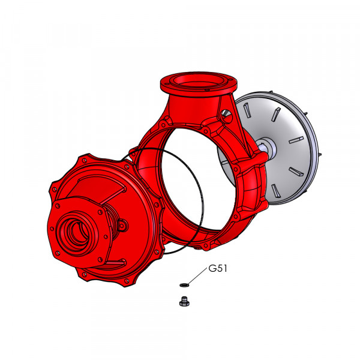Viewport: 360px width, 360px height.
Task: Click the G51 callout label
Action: coord(218,268)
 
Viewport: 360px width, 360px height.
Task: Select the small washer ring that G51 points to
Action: coord(184,285)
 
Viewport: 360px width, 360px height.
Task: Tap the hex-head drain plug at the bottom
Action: coord(184,301)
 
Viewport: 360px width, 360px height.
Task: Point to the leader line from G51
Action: coord(197,276)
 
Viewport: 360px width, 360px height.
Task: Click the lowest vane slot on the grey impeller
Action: coord(275,191)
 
